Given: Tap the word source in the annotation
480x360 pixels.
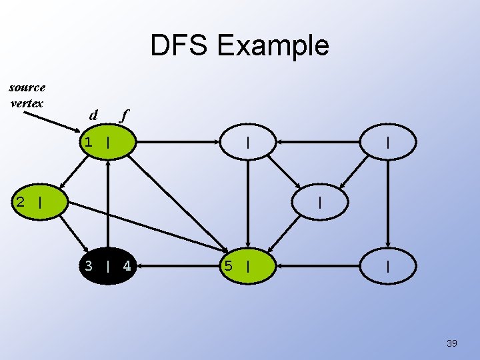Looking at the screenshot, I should (x=27, y=87).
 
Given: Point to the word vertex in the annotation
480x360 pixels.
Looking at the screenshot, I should (x=27, y=103).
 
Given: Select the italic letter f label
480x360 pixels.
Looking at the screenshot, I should (x=123, y=115).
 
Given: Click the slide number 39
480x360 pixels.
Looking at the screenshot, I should (x=452, y=343).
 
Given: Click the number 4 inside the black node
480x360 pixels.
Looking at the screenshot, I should (x=127, y=267).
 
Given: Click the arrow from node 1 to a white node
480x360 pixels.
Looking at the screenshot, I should (x=178, y=142).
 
